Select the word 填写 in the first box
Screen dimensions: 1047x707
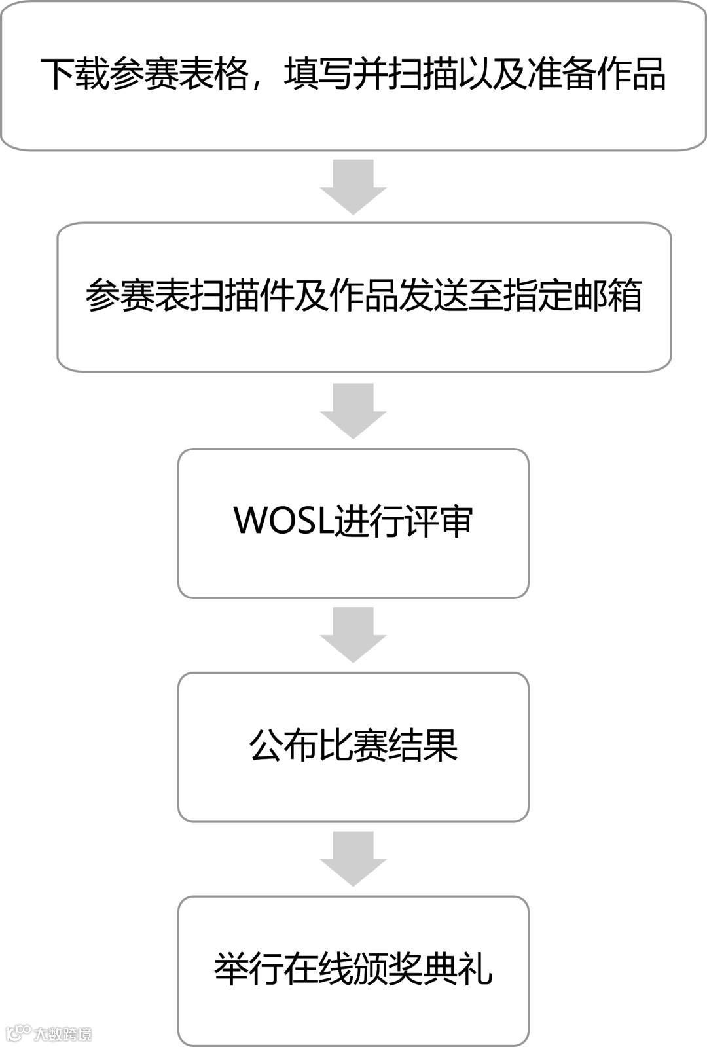coord(319,74)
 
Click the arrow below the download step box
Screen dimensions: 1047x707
coord(353,186)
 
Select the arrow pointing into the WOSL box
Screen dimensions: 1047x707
coord(353,411)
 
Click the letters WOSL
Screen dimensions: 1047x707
coord(283,521)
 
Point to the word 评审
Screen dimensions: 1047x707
coord(438,521)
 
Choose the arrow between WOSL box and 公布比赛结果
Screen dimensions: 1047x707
coord(353,634)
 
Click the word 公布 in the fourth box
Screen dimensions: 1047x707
coord(283,745)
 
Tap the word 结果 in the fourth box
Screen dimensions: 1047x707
coord(423,745)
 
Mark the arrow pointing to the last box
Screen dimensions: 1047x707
coord(353,858)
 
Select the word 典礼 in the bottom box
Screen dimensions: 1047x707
coord(458,970)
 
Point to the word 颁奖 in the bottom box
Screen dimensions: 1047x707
coord(388,970)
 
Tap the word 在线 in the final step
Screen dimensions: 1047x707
coord(318,970)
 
